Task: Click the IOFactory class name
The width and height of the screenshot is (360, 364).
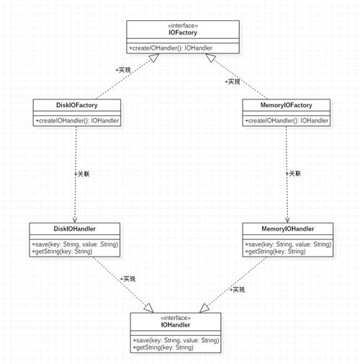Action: (183, 32)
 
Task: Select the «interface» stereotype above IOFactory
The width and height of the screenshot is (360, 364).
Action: (183, 25)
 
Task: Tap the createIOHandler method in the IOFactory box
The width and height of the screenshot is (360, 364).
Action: (171, 48)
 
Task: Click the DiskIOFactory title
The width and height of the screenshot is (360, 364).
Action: (77, 105)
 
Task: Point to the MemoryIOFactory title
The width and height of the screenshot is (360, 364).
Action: (286, 105)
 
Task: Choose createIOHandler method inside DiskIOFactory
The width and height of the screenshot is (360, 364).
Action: (77, 120)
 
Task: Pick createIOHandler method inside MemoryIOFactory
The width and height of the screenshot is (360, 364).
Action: (287, 120)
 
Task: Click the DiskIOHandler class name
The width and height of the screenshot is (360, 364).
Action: (74, 228)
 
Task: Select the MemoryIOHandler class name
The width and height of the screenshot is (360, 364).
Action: (288, 228)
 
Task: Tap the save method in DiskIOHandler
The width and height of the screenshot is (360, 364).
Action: (75, 244)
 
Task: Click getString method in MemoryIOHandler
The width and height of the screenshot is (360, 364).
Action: (275, 252)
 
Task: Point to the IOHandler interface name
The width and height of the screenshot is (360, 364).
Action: (176, 325)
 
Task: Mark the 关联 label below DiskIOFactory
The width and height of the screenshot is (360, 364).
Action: (82, 174)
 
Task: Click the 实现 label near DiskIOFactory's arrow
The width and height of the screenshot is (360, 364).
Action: (123, 70)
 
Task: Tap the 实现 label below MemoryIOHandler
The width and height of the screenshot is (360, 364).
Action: (238, 290)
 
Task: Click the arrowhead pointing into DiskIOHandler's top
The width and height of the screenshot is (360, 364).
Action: (75, 220)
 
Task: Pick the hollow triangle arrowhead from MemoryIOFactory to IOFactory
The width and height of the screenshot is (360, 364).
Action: (210, 58)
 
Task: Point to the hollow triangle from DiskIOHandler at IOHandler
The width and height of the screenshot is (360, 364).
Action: (149, 308)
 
